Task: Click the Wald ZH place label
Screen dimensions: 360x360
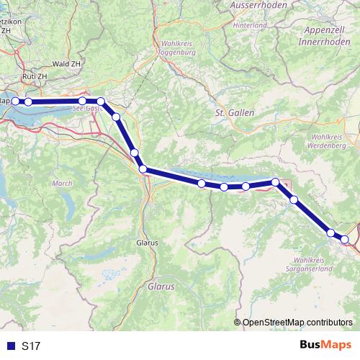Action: point(66,63)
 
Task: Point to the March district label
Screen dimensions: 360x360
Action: point(63,184)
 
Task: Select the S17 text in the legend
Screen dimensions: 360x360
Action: point(31,346)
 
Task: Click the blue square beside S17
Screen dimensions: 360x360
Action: point(10,346)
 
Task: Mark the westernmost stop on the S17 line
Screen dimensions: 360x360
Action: point(15,102)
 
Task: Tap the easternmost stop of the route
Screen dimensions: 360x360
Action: point(345,239)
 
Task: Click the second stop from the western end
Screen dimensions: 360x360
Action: point(28,102)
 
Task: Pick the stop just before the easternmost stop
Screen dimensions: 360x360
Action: point(330,233)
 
